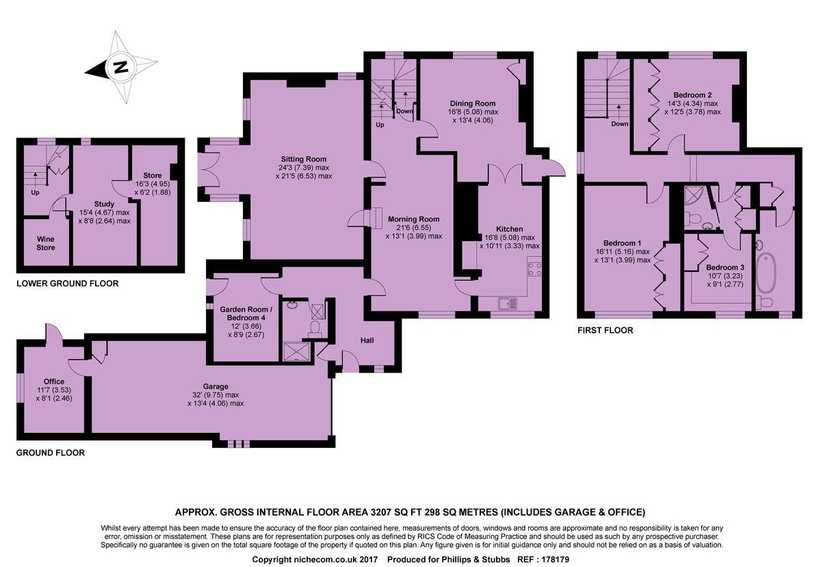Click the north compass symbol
click(x=120, y=68)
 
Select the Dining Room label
click(x=472, y=103)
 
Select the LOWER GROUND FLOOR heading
click(x=67, y=283)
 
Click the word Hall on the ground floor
click(x=367, y=340)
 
